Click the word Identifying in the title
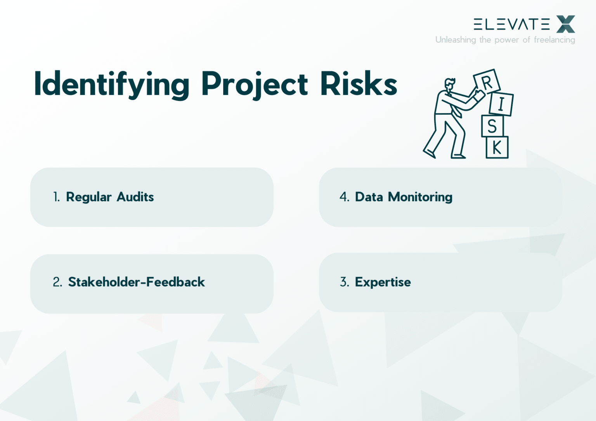(x=112, y=84)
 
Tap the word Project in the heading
(x=255, y=84)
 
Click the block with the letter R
(x=487, y=82)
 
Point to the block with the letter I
(x=501, y=104)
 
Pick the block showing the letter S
(x=492, y=126)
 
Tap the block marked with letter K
(x=497, y=148)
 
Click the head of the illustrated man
(x=450, y=85)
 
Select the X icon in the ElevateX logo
(x=565, y=24)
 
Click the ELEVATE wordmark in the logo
(x=511, y=24)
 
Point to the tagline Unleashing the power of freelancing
(x=505, y=40)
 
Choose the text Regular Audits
(x=110, y=197)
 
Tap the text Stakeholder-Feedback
(x=136, y=282)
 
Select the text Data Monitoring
(x=404, y=197)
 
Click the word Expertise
(x=383, y=282)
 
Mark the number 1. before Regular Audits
(x=57, y=197)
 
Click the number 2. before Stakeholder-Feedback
(x=57, y=282)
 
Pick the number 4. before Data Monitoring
(x=344, y=197)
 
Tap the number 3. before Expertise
(x=344, y=282)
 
